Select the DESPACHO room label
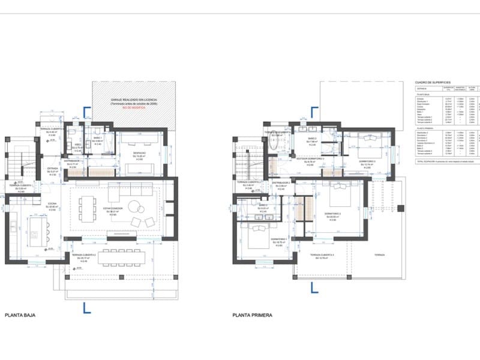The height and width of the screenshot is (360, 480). (x=139, y=158)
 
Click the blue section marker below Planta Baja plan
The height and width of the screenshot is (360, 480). (x=87, y=308)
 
